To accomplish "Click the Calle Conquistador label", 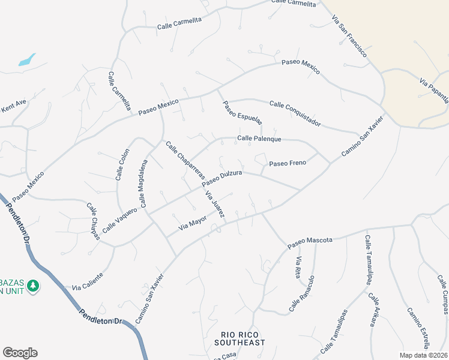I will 295,113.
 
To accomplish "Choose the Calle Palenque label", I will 259,139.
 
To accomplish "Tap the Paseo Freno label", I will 288,163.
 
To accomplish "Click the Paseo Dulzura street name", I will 222,178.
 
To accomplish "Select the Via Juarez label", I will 215,205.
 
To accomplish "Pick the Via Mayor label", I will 193,224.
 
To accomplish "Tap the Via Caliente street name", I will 88,280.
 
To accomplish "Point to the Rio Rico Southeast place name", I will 243,338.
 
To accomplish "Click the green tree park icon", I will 34,285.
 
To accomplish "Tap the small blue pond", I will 27,60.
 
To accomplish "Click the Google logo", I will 20,352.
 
